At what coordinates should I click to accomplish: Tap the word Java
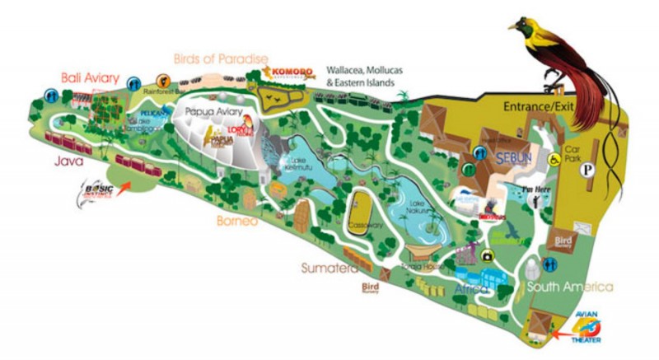[x=71, y=162]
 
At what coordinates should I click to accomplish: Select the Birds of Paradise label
[x=221, y=58]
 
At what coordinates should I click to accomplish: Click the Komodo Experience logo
[x=287, y=74]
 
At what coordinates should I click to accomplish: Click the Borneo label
[x=238, y=222]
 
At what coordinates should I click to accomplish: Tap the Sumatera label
[x=329, y=268]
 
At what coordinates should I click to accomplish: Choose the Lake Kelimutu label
[x=301, y=162]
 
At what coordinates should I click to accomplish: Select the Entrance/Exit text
[x=535, y=108]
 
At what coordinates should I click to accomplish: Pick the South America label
[x=571, y=287]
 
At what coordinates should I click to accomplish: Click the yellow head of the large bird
[x=524, y=30]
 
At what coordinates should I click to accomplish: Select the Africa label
[x=472, y=289]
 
